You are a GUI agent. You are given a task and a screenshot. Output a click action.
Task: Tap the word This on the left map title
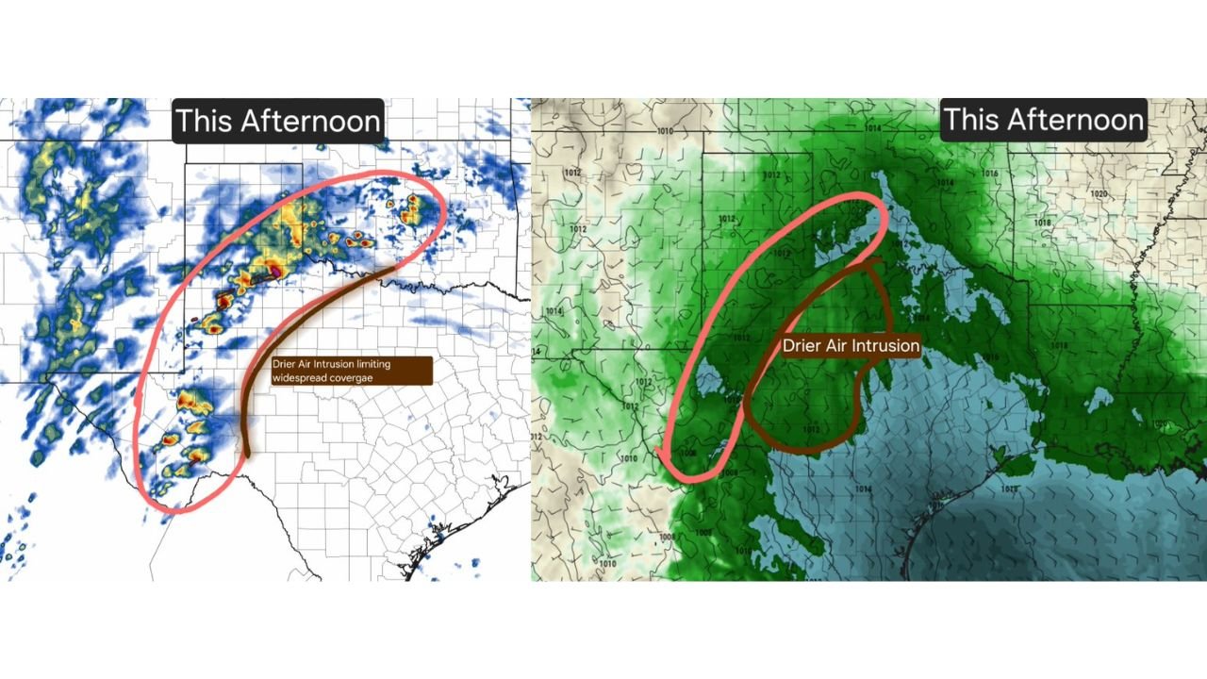(205, 122)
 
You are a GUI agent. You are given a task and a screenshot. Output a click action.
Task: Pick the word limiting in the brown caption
(371, 364)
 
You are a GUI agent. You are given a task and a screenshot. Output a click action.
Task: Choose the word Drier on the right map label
(803, 346)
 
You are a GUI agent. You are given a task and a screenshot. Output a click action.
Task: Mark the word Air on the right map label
(838, 346)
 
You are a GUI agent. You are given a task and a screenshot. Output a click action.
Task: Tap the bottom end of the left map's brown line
(247, 455)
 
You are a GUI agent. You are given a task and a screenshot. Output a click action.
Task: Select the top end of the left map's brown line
(394, 269)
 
